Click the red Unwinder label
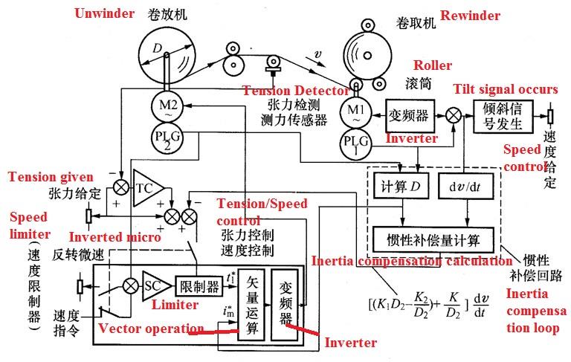click(x=104, y=13)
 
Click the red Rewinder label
click(x=470, y=16)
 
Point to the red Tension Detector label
click(x=296, y=90)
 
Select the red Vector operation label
click(x=151, y=329)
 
